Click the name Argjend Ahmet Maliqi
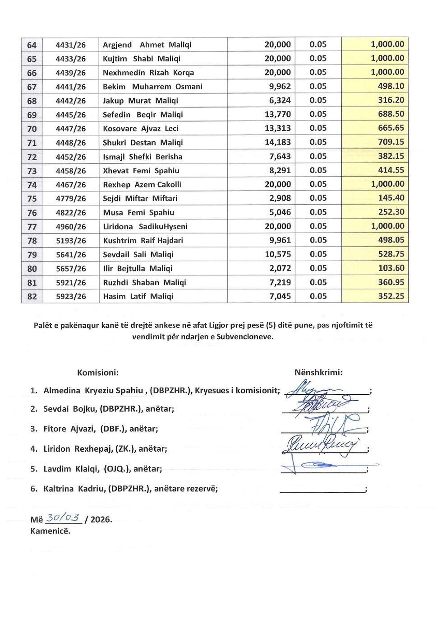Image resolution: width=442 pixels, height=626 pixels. tap(147, 45)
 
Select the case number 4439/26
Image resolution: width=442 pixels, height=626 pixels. tap(70, 73)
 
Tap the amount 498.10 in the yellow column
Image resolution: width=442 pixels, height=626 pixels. tap(391, 86)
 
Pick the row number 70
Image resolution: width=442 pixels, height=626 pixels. tap(32, 129)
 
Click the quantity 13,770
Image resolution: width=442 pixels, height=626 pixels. tap(277, 114)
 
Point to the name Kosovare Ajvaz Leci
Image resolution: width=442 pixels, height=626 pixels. tap(141, 128)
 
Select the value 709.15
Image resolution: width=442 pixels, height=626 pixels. tap(391, 142)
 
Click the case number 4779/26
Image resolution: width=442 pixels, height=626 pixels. tap(70, 198)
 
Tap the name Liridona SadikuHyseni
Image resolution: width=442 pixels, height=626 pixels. tap(145, 226)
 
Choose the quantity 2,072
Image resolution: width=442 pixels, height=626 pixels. tap(280, 268)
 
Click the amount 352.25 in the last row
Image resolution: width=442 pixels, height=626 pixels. tap(391, 296)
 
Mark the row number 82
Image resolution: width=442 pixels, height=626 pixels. tap(32, 296)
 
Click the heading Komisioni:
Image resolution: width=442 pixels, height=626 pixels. tap(98, 373)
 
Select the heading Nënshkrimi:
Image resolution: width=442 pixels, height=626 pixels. tap(318, 373)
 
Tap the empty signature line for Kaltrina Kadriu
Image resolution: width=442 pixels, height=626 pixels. tap(322, 491)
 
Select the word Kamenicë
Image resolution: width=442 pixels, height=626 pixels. tap(50, 531)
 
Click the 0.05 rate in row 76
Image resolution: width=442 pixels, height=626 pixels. tap(318, 212)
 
